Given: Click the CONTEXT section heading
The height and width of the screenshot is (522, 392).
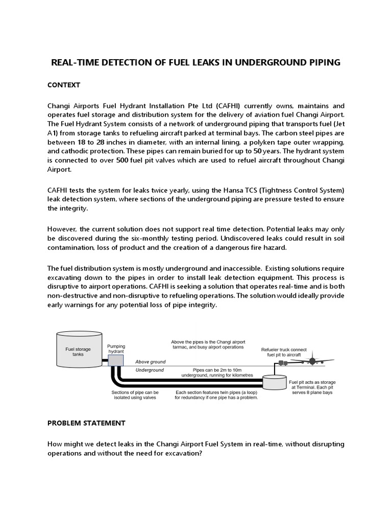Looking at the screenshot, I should (64, 85).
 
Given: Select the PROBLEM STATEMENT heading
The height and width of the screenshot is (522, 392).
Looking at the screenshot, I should (86, 423).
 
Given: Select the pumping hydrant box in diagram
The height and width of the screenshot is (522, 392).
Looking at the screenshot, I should (116, 361).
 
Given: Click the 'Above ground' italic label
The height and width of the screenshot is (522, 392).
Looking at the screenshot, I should (150, 361).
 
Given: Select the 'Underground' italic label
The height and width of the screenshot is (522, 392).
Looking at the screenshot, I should (150, 370).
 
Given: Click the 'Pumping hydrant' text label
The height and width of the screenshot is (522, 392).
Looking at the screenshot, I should (116, 349).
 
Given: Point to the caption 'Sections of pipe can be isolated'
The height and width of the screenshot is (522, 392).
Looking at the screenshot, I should (135, 395).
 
